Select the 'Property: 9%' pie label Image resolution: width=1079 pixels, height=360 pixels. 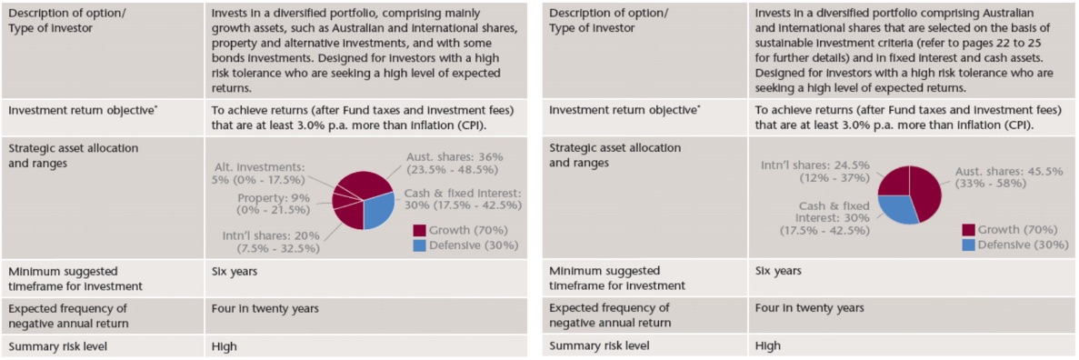click(274, 197)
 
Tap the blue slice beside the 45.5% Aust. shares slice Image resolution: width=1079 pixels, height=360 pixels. click(898, 208)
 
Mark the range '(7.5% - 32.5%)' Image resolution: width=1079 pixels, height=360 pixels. click(279, 248)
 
